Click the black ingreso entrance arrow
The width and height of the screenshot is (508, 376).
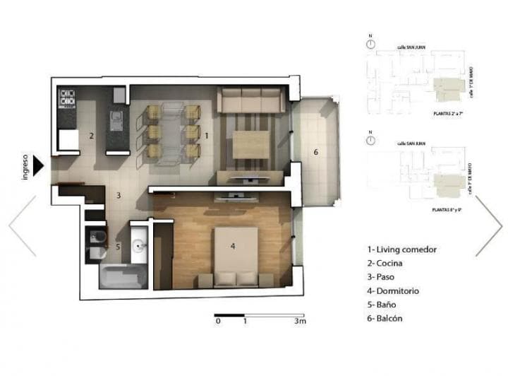point(39,164)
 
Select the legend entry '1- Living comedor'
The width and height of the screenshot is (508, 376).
point(401,249)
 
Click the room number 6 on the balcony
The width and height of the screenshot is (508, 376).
point(315,152)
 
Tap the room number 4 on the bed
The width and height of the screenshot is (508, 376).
point(232,247)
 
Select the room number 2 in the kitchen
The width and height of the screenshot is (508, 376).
point(91,136)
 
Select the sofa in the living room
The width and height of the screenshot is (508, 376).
point(251,101)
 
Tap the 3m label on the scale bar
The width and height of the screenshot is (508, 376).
point(301,322)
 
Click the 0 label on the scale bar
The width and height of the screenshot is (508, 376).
point(218,322)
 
